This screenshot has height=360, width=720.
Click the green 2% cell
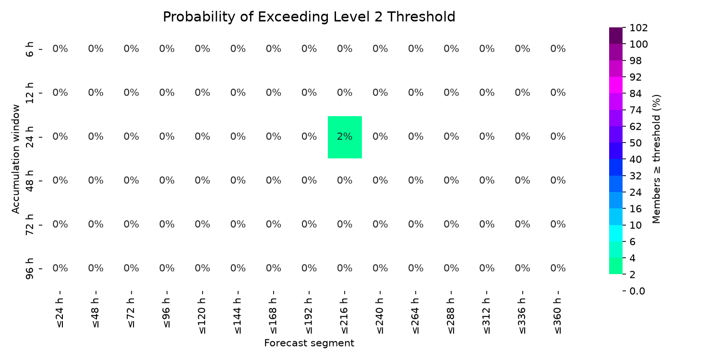[x=345, y=137]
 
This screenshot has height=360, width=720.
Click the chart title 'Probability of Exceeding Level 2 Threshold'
[x=309, y=17]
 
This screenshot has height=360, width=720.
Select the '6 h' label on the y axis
[x=29, y=49]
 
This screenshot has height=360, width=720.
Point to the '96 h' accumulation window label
[x=29, y=269]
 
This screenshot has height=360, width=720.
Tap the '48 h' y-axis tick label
[x=29, y=181]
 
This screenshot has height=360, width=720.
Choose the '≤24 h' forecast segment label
[x=60, y=313]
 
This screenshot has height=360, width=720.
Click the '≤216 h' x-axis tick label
[x=345, y=316]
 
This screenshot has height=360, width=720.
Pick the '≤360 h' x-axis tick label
[x=558, y=316]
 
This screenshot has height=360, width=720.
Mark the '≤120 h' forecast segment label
[x=202, y=316]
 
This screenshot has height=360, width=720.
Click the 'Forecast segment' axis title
[x=309, y=343]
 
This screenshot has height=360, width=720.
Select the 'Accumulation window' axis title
[x=16, y=159]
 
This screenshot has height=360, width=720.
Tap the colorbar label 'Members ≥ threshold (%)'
[x=656, y=159]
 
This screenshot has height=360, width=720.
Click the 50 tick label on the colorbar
[x=636, y=143]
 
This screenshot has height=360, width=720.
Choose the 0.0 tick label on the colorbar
[x=637, y=291]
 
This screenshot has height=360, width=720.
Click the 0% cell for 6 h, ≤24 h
[x=60, y=49]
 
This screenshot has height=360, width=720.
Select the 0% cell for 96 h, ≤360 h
[x=558, y=268]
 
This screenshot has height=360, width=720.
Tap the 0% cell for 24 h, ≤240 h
[x=380, y=137]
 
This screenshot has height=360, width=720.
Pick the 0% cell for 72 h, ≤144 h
[x=238, y=224]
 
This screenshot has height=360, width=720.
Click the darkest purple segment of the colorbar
[x=615, y=36]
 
